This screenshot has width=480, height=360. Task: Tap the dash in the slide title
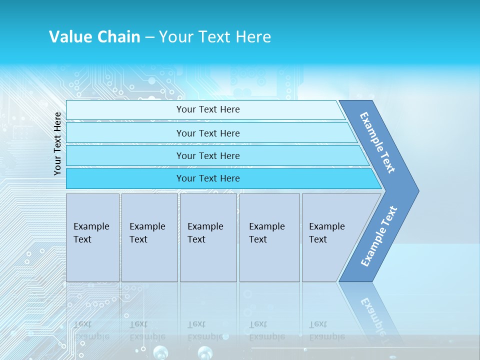149,37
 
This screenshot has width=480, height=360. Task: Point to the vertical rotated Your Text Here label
57,143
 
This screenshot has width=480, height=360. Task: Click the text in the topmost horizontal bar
208,109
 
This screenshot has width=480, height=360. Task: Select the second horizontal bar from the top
208,133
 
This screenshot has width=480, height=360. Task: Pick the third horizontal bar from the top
208,155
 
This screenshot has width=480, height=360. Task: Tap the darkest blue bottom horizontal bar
208,178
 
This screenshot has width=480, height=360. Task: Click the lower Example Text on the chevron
379,236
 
